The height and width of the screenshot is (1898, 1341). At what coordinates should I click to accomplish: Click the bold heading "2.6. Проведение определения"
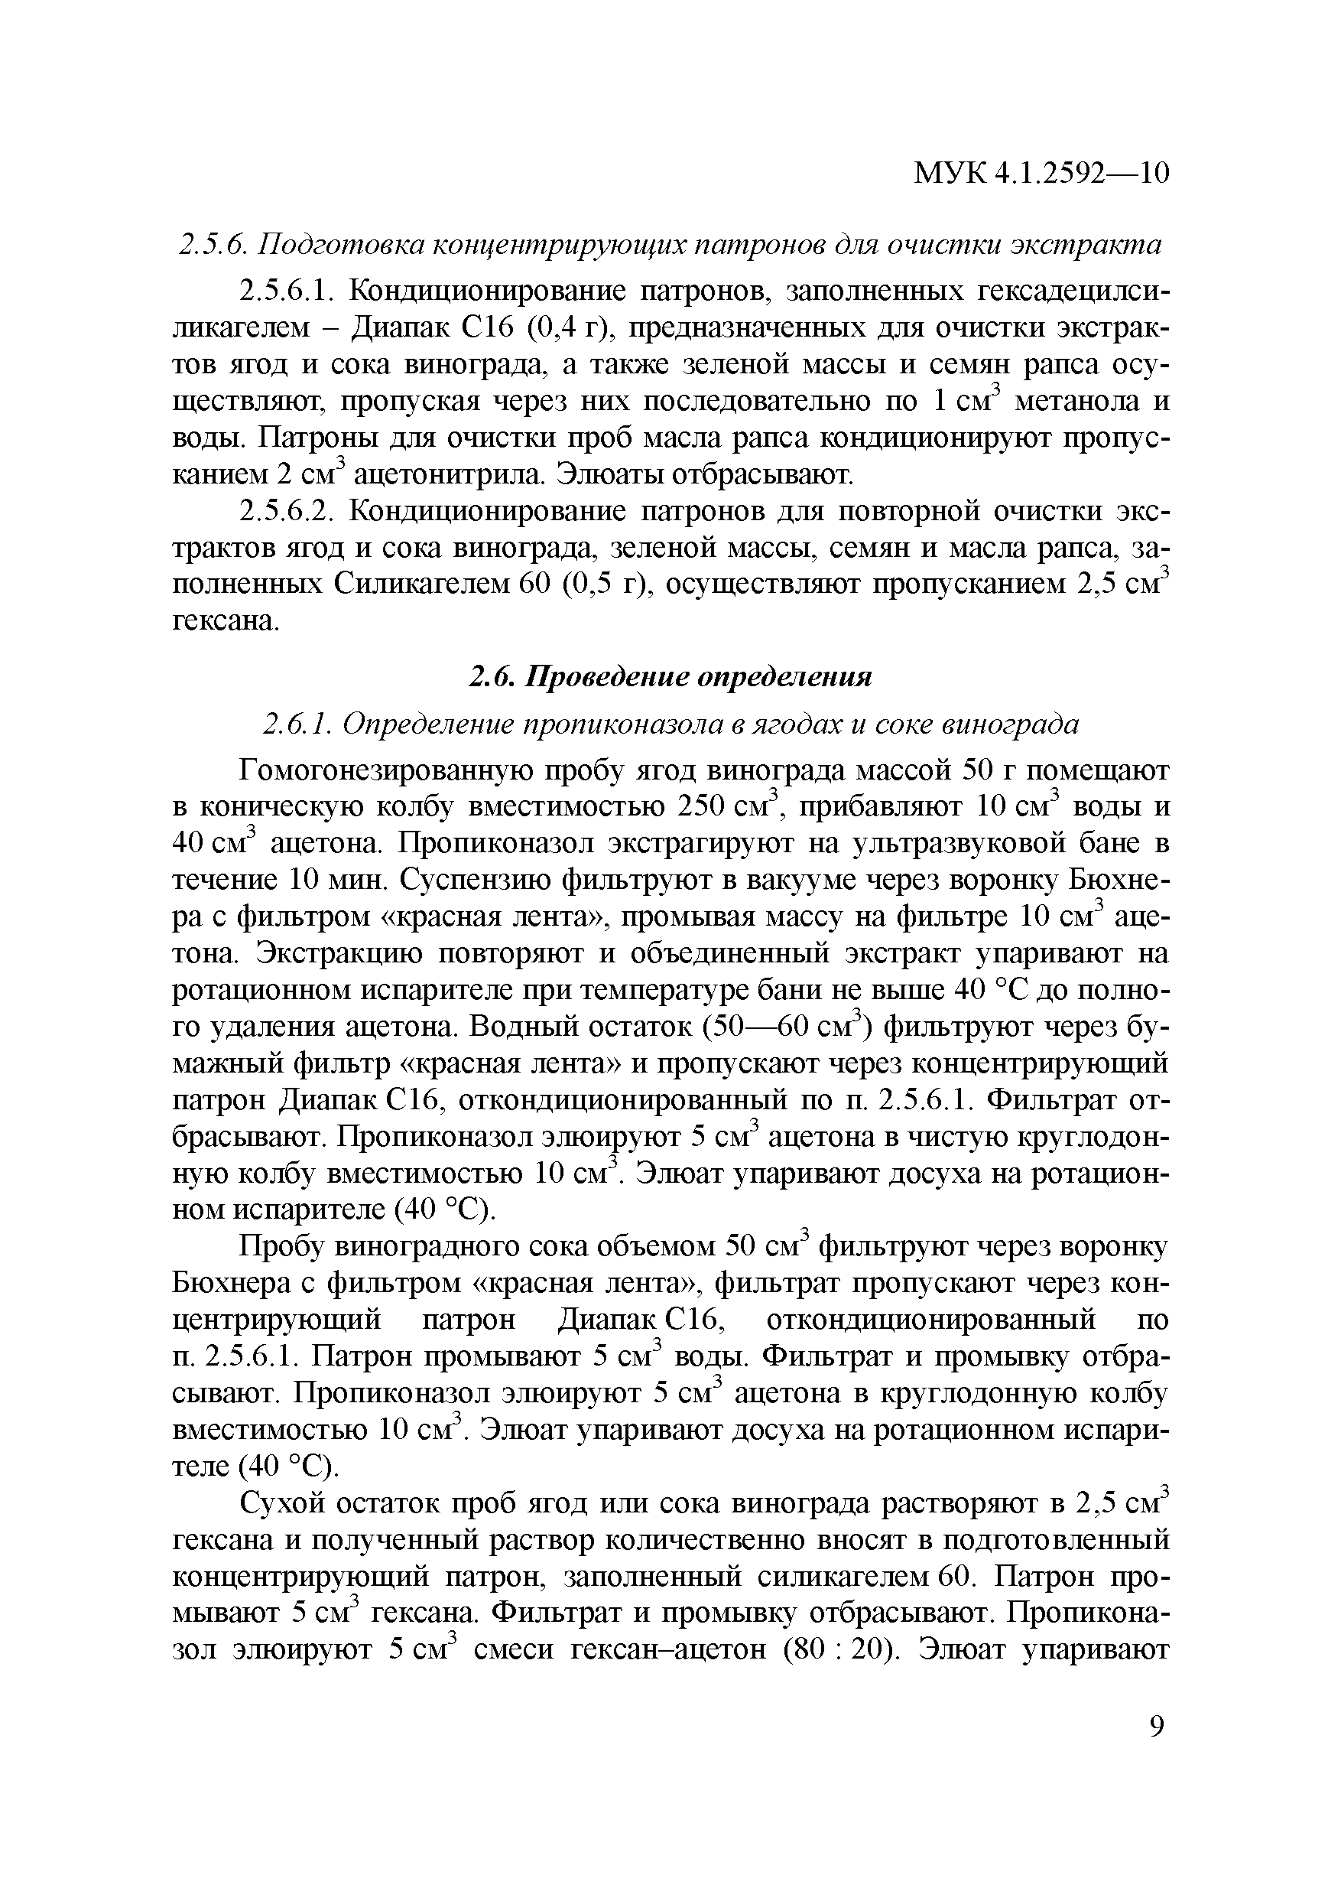point(670,677)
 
